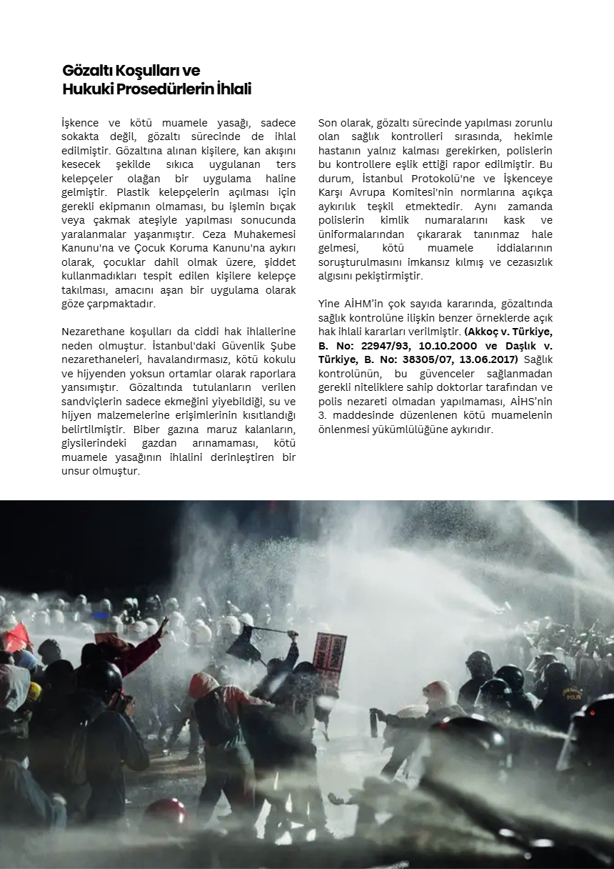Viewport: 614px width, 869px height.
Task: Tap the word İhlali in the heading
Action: click(x=233, y=90)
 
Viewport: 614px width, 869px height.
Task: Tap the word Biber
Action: click(x=147, y=430)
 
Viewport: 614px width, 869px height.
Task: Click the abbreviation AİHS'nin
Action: click(x=529, y=402)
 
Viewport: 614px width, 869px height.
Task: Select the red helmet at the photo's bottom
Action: click(x=165, y=812)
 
